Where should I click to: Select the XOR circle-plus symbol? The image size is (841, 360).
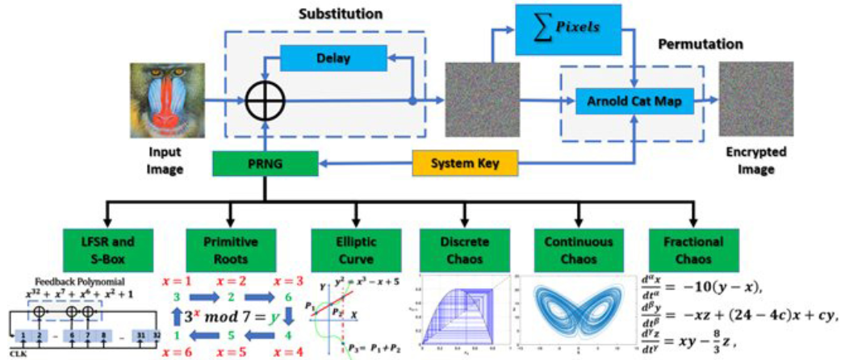[266, 103]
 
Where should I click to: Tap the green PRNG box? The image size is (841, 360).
[265, 165]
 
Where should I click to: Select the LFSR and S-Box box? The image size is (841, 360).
[105, 249]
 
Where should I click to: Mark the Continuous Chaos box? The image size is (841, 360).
[576, 249]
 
